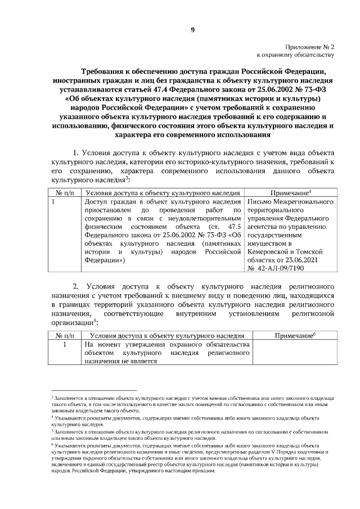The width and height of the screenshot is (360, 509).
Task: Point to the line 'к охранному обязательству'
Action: point(295,56)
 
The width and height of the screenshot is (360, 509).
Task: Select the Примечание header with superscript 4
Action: point(291,193)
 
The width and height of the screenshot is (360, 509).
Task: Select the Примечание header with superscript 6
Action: point(294,335)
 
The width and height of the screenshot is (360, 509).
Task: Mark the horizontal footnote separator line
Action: point(94,389)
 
